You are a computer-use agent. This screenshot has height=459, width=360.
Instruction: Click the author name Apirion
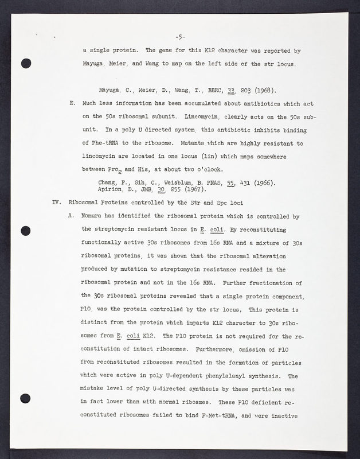click(x=113, y=190)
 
